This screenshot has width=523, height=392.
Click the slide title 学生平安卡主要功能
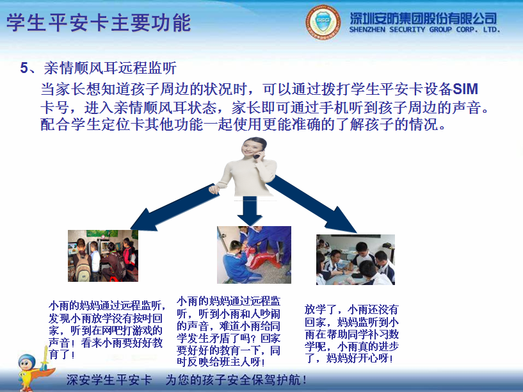tap(99, 24)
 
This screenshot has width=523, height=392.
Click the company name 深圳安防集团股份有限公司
tap(424, 17)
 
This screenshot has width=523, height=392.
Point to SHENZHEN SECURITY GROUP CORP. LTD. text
tap(424, 30)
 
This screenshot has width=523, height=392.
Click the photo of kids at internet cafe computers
tap(102, 256)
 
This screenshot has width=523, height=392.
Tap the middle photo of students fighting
tap(254, 254)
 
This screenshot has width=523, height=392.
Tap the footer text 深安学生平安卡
tap(109, 379)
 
